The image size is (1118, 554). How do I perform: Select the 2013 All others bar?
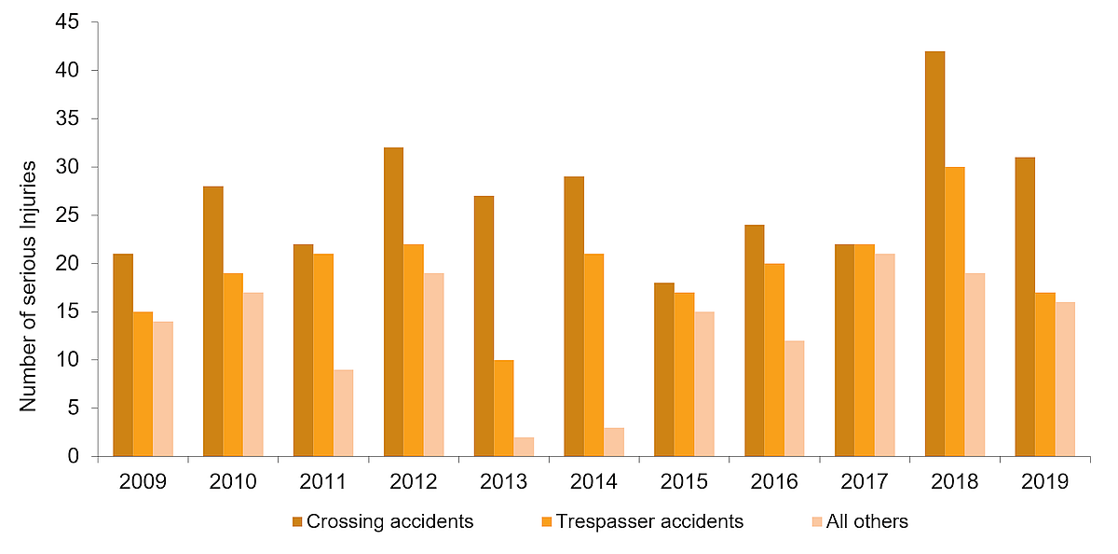[524, 447]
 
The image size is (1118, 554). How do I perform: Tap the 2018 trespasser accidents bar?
[954, 312]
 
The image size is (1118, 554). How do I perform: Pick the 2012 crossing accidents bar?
[393, 302]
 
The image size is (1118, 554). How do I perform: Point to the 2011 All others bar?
[343, 413]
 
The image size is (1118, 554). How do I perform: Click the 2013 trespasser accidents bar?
[503, 409]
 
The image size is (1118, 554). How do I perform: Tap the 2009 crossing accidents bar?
[123, 355]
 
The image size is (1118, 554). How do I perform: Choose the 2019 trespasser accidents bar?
[1044, 375]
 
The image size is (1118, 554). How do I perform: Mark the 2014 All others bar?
[614, 442]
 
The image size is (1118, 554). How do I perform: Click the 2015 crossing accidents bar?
[664, 369]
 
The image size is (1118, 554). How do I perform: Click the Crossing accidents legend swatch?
[297, 521]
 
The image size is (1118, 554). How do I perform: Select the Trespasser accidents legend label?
[649, 521]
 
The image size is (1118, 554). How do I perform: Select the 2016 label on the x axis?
[774, 482]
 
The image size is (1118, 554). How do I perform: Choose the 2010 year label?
[232, 482]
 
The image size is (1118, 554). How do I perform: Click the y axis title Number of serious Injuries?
[28, 285]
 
